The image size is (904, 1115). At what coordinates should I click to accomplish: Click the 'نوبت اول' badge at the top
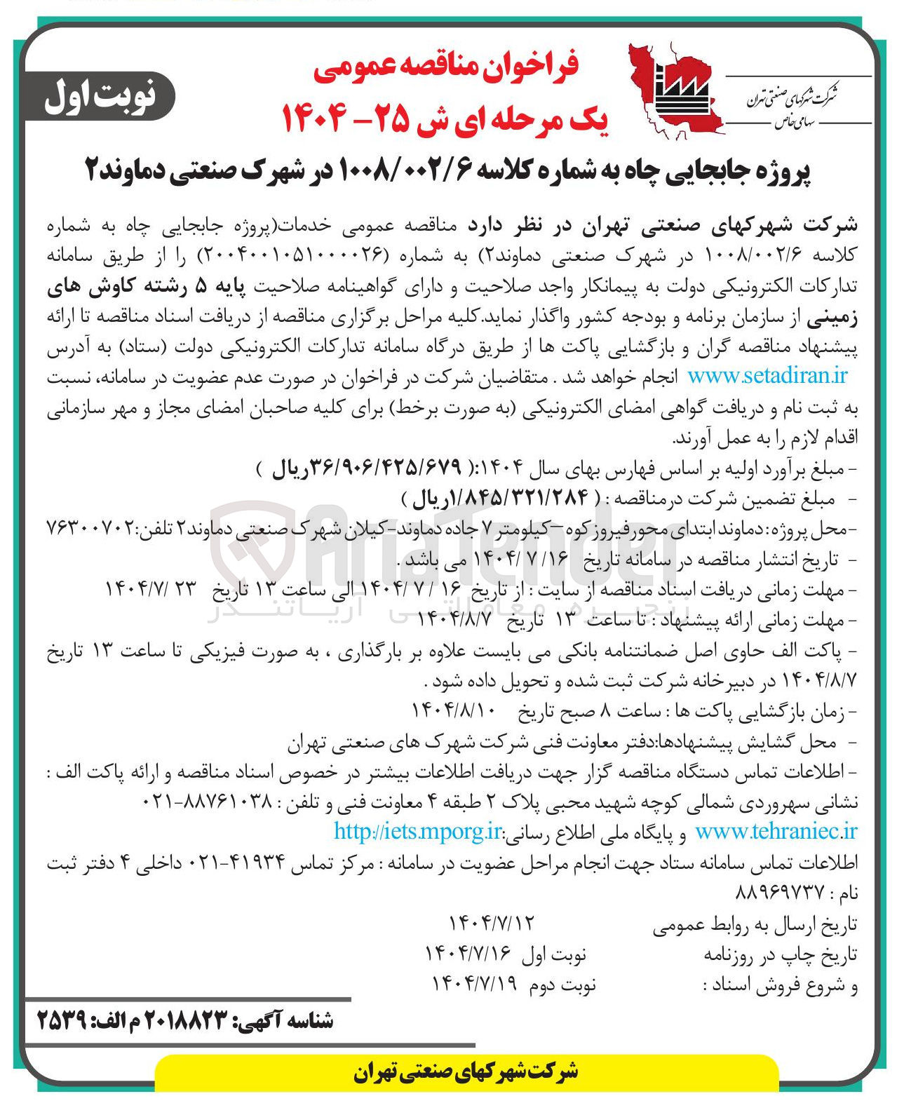(x=100, y=97)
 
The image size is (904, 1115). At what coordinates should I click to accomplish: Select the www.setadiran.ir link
(x=767, y=376)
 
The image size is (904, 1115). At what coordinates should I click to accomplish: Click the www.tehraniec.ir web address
(x=776, y=832)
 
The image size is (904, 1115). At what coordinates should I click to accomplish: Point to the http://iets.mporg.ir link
(x=418, y=832)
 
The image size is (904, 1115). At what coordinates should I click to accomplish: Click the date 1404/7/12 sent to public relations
(x=490, y=923)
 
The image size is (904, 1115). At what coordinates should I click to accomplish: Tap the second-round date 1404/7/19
(x=474, y=984)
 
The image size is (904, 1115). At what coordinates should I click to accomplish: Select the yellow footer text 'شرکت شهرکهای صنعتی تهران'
(x=466, y=1072)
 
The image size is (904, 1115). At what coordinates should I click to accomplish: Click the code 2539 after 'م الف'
(x=61, y=1021)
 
